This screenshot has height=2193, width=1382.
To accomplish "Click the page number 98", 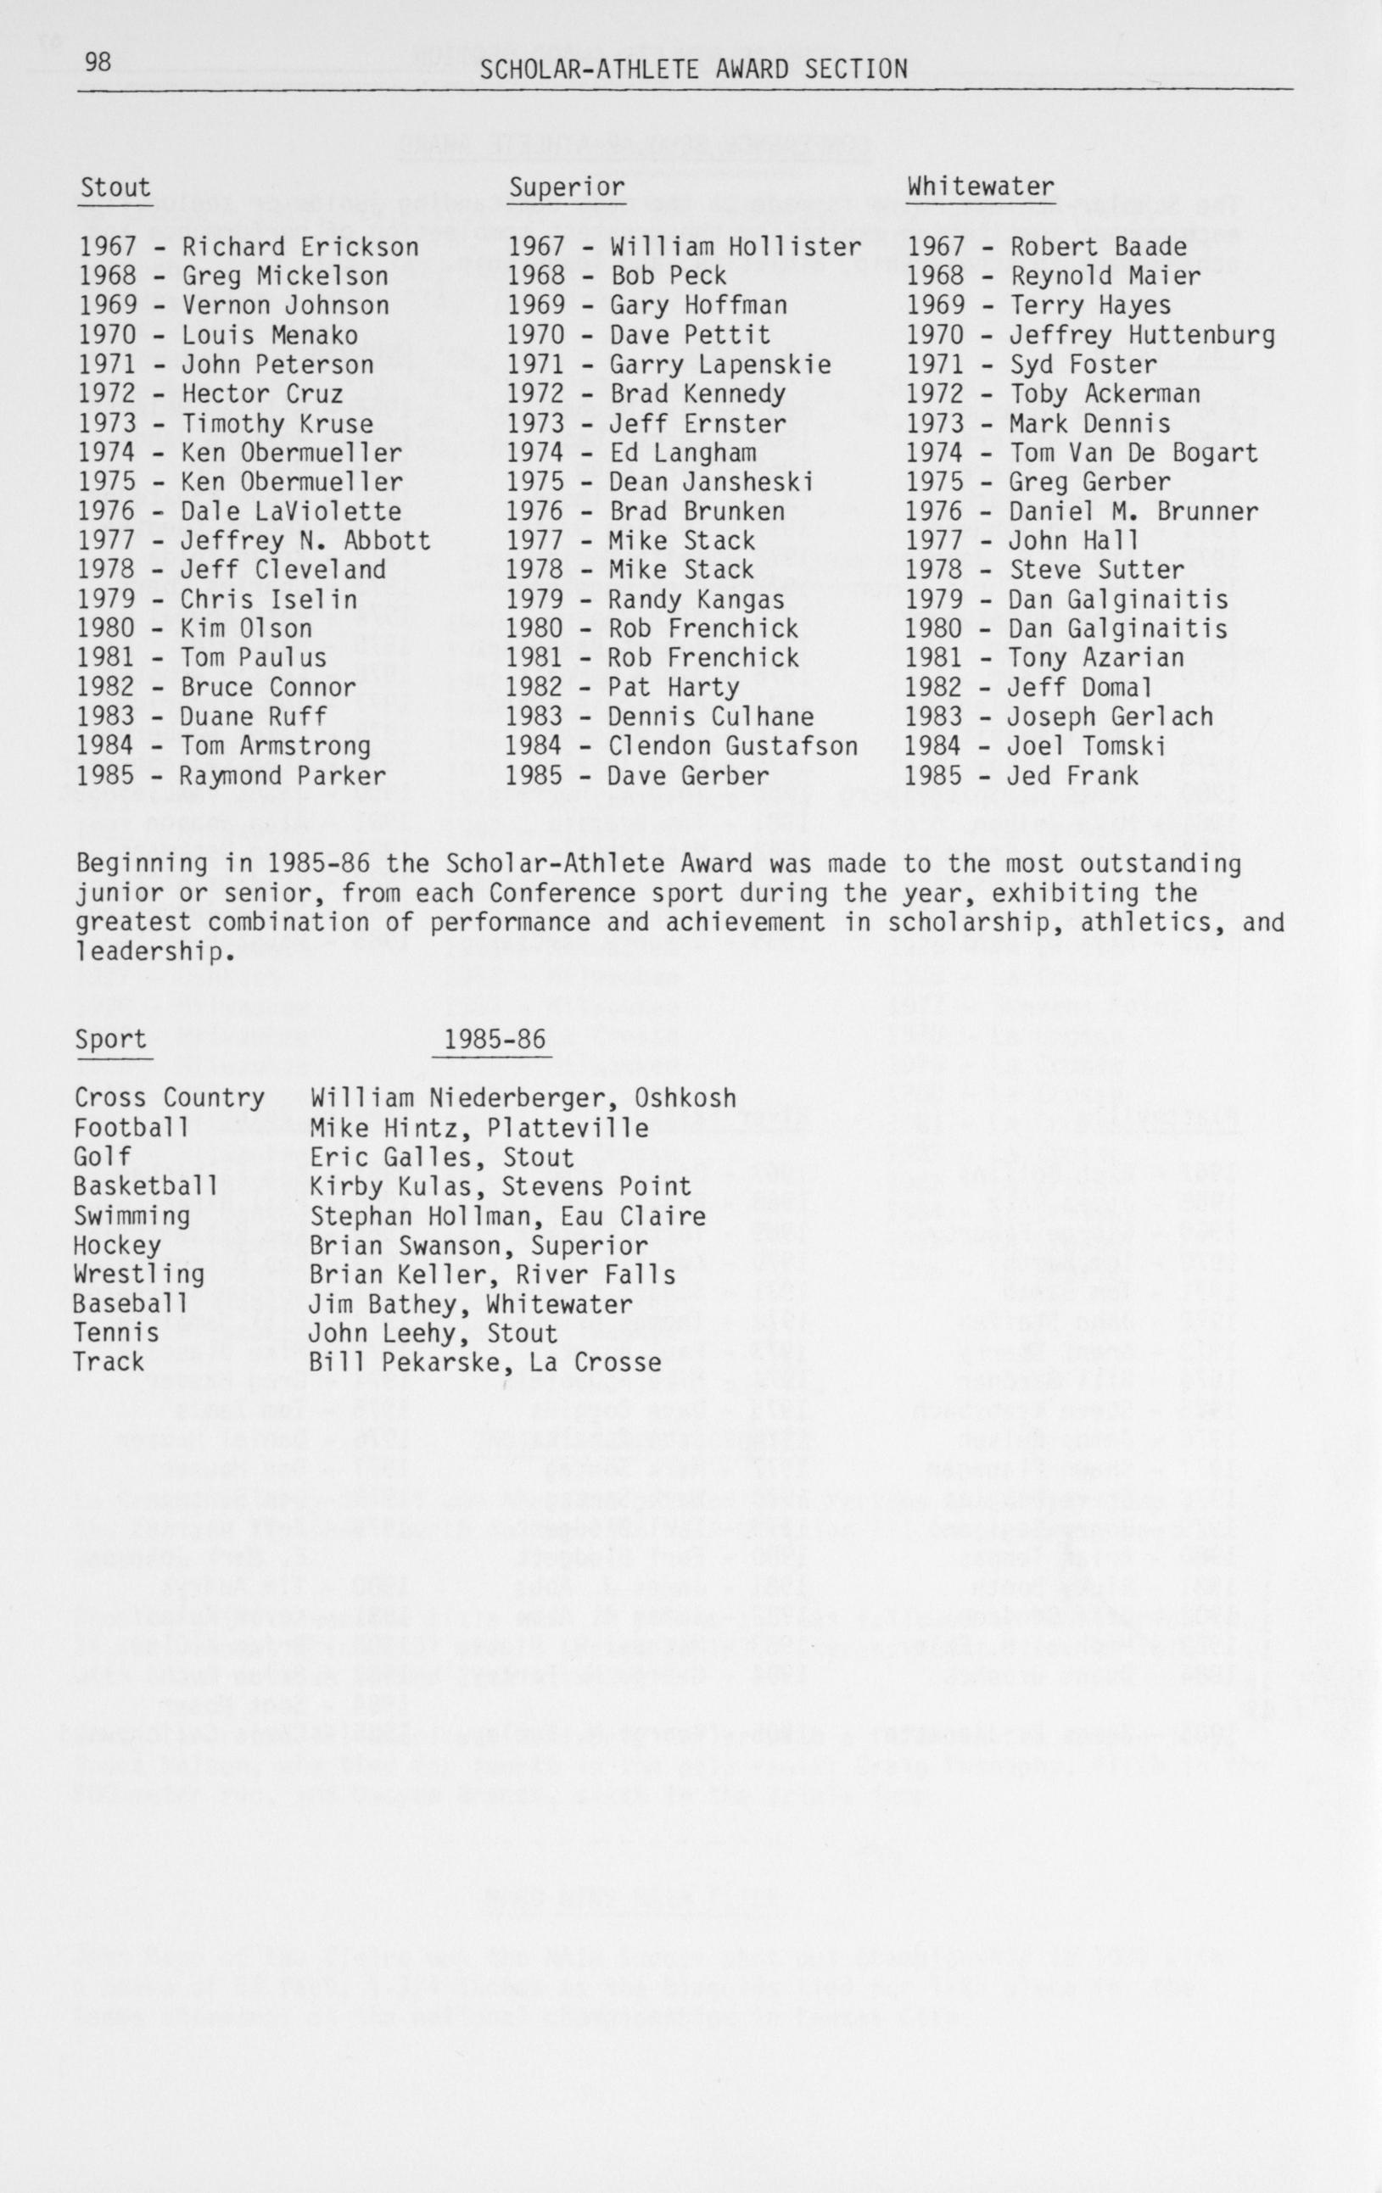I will click(x=98, y=63).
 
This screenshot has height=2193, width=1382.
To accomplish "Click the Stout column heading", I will click(x=115, y=187).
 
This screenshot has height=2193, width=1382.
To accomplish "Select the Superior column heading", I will click(x=566, y=187).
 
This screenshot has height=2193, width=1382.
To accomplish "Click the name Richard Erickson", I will click(x=300, y=247).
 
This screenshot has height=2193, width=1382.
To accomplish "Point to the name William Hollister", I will click(x=736, y=247).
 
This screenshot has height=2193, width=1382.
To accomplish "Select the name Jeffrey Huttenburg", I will click(x=1142, y=335).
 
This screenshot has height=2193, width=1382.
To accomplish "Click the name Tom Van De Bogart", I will click(x=1133, y=453).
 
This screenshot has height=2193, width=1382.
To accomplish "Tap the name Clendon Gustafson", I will click(x=732, y=746).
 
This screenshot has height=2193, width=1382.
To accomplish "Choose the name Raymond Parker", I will click(x=283, y=776).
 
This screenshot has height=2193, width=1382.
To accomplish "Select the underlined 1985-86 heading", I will click(x=494, y=1039).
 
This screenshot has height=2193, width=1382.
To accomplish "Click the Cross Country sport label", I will click(x=170, y=1098).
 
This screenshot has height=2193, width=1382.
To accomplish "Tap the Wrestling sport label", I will click(x=138, y=1274).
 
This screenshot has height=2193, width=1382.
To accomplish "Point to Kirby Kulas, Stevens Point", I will click(x=501, y=1186).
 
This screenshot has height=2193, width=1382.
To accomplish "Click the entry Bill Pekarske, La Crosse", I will click(x=484, y=1363).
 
